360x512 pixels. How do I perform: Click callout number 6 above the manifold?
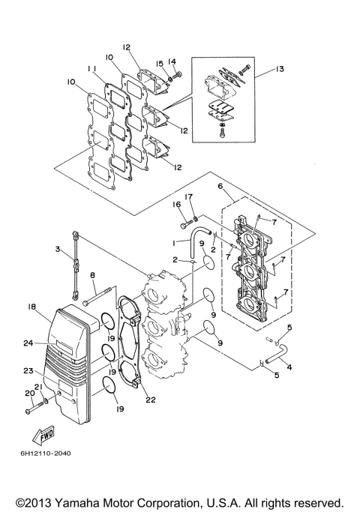point(220,186)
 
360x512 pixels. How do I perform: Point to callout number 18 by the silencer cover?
point(32,307)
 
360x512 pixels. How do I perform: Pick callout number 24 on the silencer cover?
point(28,343)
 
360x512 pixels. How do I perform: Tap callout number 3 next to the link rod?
point(57,249)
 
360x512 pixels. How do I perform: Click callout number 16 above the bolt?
point(177,203)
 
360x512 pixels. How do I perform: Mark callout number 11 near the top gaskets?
point(91,68)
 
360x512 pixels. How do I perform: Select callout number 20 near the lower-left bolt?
point(29,393)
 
